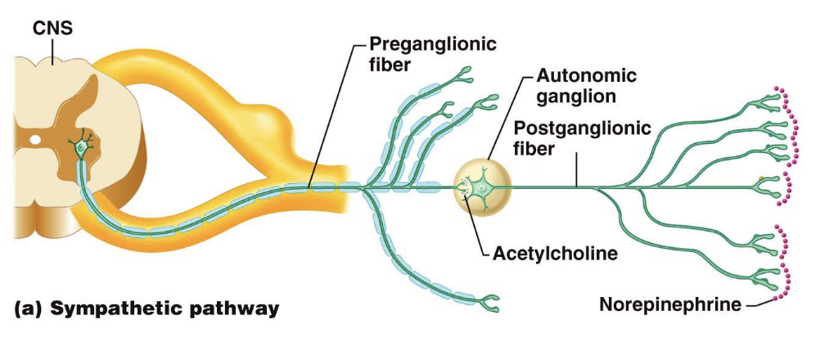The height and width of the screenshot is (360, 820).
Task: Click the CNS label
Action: [x=52, y=29]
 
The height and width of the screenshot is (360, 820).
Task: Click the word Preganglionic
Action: [x=432, y=43]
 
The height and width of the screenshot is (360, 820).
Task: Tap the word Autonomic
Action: [x=586, y=76]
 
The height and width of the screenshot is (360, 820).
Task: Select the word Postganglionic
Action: [x=583, y=128]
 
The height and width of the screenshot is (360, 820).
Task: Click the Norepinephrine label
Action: [x=670, y=304]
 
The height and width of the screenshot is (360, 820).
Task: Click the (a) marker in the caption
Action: [x=29, y=308]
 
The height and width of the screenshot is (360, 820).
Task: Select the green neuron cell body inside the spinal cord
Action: [x=80, y=148]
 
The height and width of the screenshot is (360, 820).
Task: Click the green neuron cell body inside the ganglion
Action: [x=481, y=188]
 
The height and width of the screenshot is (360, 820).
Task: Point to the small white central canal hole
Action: [x=34, y=140]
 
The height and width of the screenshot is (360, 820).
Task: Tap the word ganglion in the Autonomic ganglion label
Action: [x=574, y=97]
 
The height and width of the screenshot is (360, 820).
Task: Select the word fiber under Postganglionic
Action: [x=534, y=149]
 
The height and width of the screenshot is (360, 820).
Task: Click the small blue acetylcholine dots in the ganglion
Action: [x=463, y=190]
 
